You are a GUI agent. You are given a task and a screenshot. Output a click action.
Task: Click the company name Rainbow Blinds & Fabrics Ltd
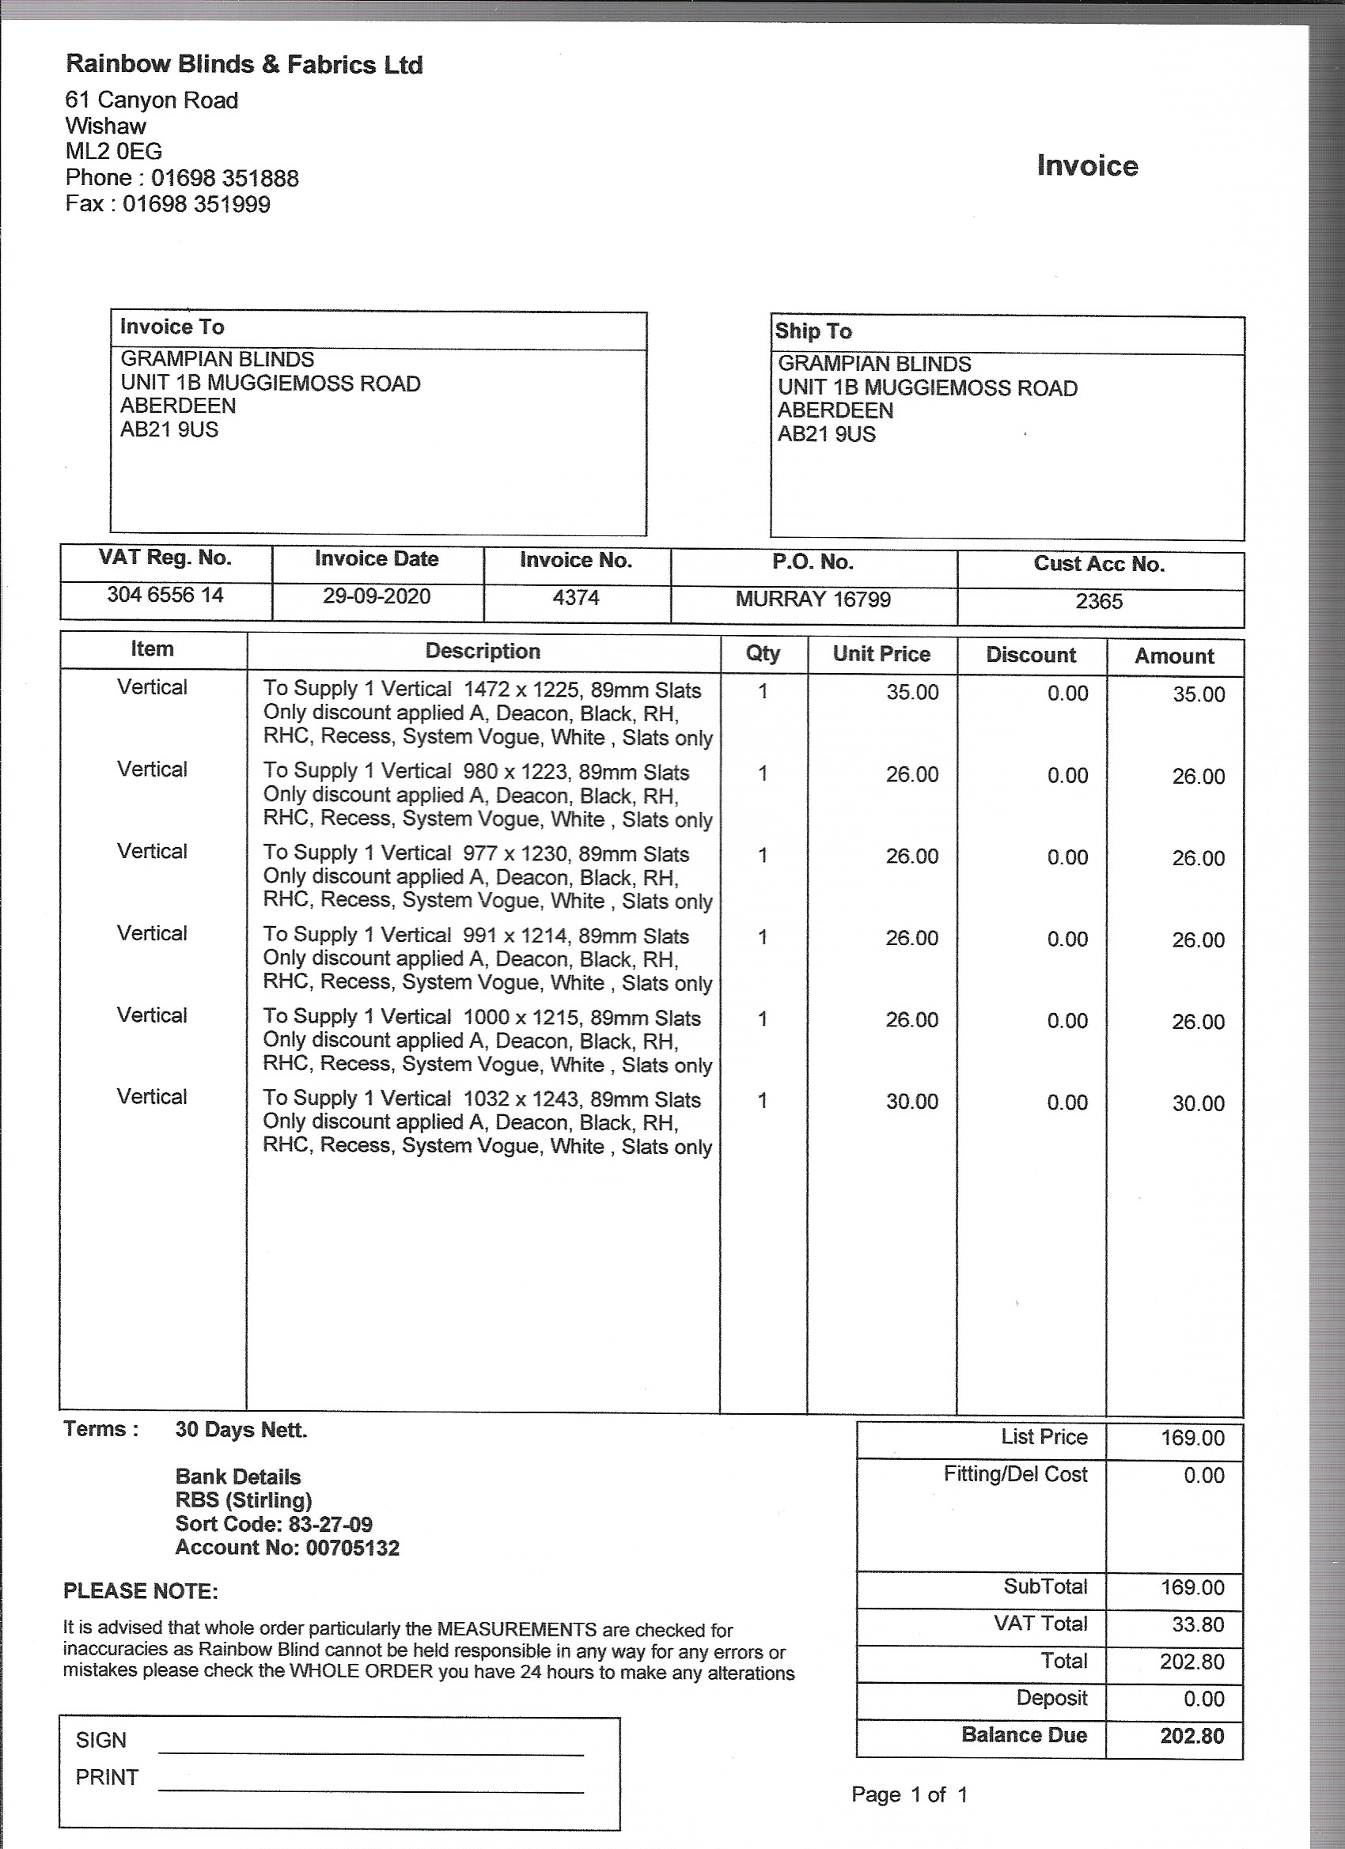pyautogui.click(x=244, y=64)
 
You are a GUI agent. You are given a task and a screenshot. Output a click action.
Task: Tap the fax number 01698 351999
pyautogui.click(x=195, y=204)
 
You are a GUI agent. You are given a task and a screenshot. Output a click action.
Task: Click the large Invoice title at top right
pyautogui.click(x=1086, y=165)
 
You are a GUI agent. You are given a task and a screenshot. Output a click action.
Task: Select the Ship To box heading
pyautogui.click(x=813, y=331)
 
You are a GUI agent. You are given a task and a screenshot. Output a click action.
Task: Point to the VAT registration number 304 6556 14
pyautogui.click(x=165, y=596)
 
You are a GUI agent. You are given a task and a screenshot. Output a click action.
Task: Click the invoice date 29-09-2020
pyautogui.click(x=376, y=597)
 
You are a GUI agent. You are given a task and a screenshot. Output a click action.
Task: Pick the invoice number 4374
pyautogui.click(x=576, y=598)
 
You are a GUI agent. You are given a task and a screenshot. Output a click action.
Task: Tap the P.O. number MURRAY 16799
pyautogui.click(x=813, y=599)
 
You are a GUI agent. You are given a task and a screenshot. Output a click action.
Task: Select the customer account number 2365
pyautogui.click(x=1099, y=601)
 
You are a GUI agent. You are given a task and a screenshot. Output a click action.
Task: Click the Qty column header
pyautogui.click(x=763, y=653)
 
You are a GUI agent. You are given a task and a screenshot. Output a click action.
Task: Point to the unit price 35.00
pyautogui.click(x=912, y=692)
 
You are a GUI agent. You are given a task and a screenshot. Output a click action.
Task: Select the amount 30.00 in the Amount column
pyautogui.click(x=1198, y=1103)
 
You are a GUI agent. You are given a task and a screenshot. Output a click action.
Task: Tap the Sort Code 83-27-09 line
pyautogui.click(x=274, y=1524)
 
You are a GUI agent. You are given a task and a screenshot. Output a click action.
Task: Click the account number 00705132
pyautogui.click(x=352, y=1548)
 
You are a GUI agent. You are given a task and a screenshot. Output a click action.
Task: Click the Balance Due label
pyautogui.click(x=1024, y=1734)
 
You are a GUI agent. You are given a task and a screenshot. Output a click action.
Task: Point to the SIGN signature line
pyautogui.click(x=370, y=1752)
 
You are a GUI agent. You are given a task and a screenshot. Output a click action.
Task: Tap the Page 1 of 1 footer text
pyautogui.click(x=908, y=1794)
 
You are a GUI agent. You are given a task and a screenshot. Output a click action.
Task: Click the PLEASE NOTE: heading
pyautogui.click(x=140, y=1591)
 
